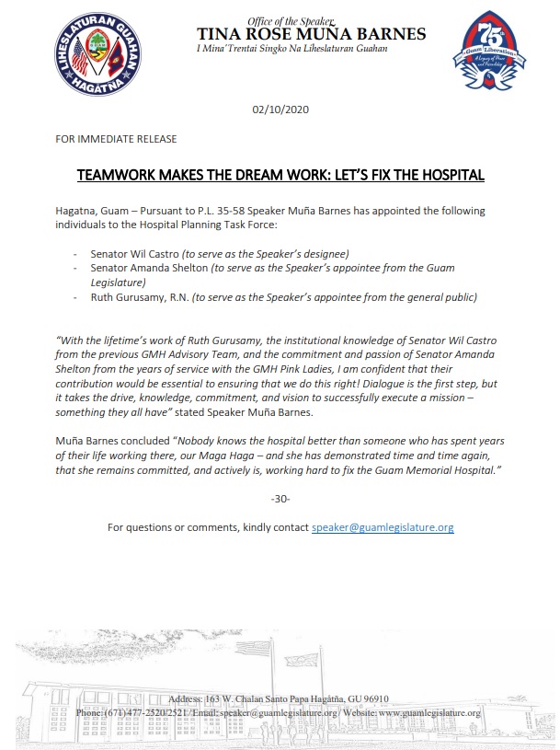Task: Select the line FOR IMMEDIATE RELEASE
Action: (116, 139)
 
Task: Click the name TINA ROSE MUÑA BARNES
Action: (311, 34)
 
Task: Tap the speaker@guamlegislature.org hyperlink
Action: (383, 527)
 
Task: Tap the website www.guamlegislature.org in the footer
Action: (429, 713)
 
